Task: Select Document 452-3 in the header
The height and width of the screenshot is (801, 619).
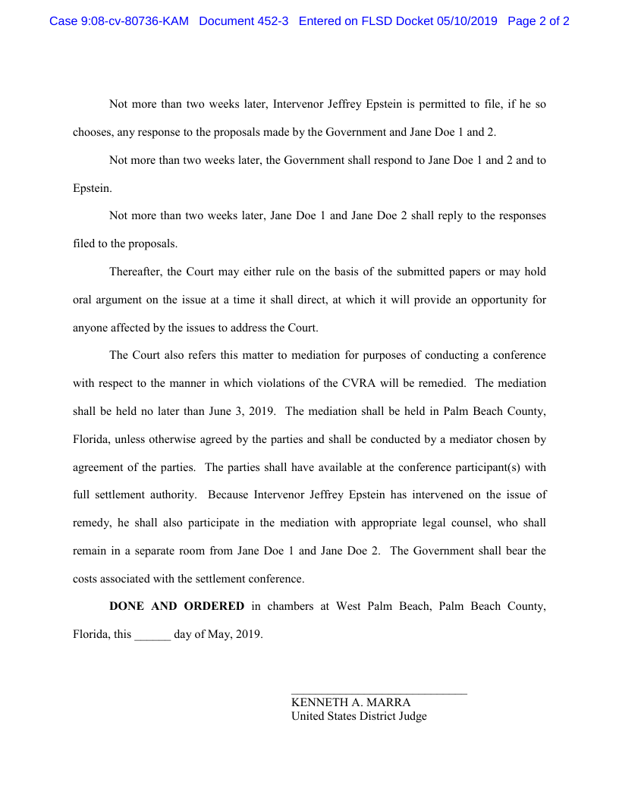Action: [x=244, y=21]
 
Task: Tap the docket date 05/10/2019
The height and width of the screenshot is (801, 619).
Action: [x=467, y=21]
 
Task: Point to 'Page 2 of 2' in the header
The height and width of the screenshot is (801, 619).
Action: [x=539, y=21]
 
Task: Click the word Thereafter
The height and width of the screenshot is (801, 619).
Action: [x=135, y=272]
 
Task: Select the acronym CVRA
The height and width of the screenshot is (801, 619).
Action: [x=358, y=383]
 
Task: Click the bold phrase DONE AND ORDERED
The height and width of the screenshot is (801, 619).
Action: [x=177, y=606]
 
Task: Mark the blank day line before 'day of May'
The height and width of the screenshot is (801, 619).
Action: [x=152, y=635]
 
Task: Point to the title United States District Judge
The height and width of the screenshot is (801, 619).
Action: [x=359, y=716]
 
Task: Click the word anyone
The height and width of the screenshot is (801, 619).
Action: [x=91, y=328]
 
